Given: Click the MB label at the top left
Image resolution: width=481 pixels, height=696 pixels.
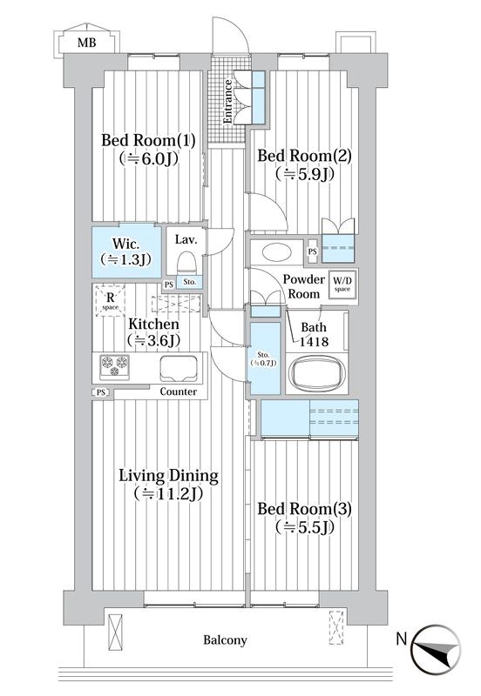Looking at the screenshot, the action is click(x=86, y=43).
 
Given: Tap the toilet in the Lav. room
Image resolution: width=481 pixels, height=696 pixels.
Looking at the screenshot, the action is click(x=186, y=263).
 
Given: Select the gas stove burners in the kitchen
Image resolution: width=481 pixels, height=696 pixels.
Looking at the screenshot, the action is click(x=115, y=367).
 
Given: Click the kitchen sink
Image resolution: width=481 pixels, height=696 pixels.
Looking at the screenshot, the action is click(x=179, y=368).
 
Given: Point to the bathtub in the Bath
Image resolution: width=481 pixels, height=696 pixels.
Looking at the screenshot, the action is click(x=316, y=373).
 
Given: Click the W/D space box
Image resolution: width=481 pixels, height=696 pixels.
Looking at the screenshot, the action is click(x=342, y=284).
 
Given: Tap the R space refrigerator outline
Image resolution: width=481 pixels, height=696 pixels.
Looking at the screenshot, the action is click(x=111, y=300).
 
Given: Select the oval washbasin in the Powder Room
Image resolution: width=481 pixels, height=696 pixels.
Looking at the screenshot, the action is click(x=277, y=252).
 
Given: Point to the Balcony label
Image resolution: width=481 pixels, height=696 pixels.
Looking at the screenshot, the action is click(x=225, y=640).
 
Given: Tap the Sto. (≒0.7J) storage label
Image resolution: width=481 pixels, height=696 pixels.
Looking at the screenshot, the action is click(x=264, y=358).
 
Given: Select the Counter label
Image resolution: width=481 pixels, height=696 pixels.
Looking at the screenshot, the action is click(x=179, y=391).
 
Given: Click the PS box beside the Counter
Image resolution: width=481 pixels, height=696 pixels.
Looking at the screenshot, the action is click(x=101, y=392).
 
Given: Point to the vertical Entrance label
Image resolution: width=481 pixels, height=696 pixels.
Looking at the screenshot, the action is click(x=227, y=102).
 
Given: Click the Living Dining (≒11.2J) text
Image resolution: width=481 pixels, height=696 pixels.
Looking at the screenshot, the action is click(x=168, y=485).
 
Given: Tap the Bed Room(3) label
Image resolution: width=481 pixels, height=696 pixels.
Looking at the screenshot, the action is click(x=304, y=509).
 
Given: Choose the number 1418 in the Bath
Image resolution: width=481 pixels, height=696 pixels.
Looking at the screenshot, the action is click(x=314, y=341).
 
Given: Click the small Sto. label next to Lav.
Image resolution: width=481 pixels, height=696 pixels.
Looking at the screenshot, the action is click(x=190, y=282).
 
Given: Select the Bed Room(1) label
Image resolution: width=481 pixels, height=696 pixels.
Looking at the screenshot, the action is click(x=148, y=140).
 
